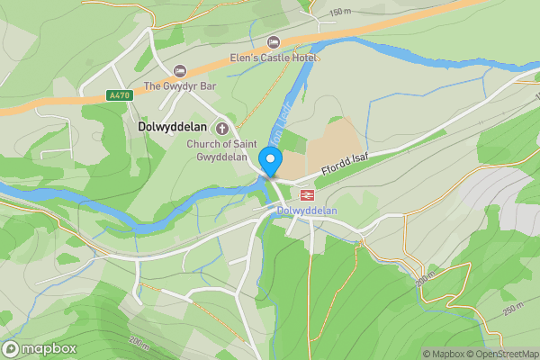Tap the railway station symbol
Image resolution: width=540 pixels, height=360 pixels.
coord(307,193)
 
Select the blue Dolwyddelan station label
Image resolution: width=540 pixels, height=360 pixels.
coord(307,211)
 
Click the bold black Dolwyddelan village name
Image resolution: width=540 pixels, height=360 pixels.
coord(174,128)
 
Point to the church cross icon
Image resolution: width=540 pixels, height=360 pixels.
coord(221,129)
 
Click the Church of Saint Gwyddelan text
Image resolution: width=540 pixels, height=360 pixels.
coord(221,145)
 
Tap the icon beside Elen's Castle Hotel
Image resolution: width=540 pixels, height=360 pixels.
coord(274,42)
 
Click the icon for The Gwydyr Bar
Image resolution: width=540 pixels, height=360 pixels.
coord(179,70)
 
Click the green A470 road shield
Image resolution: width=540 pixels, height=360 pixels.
coord(118,95)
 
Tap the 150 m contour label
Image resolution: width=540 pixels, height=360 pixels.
coord(341,12)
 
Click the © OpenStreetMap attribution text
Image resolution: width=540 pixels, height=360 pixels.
coord(502,354)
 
